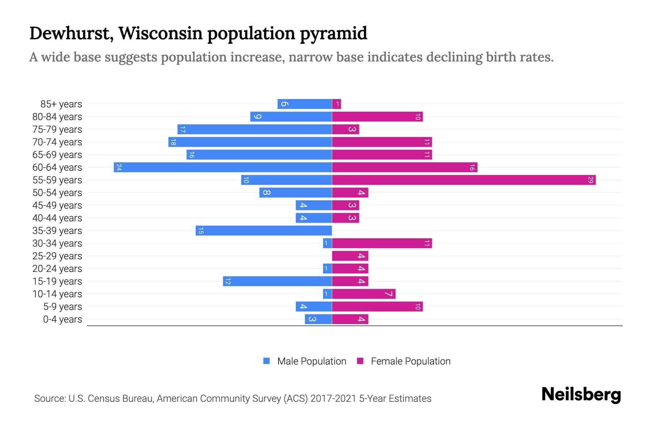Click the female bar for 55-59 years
(464, 180)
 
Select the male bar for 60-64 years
(223, 167)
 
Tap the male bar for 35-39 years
(264, 230)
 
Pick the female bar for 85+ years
(337, 104)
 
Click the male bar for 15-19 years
(277, 281)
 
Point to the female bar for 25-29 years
(350, 256)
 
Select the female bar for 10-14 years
(364, 294)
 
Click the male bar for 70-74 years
(250, 142)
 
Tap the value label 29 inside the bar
(590, 180)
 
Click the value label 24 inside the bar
(119, 167)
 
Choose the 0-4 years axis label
(62, 319)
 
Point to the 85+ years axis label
(61, 104)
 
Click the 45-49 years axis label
(57, 205)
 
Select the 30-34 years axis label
(57, 243)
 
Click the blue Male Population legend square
(267, 361)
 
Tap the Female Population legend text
(410, 361)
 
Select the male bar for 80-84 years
(291, 116)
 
